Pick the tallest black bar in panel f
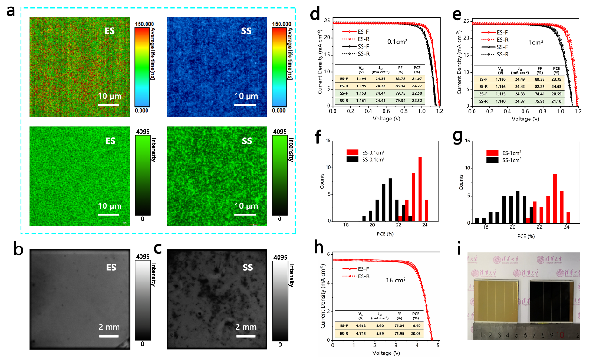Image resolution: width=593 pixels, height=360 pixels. pyautogui.click(x=391, y=200)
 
